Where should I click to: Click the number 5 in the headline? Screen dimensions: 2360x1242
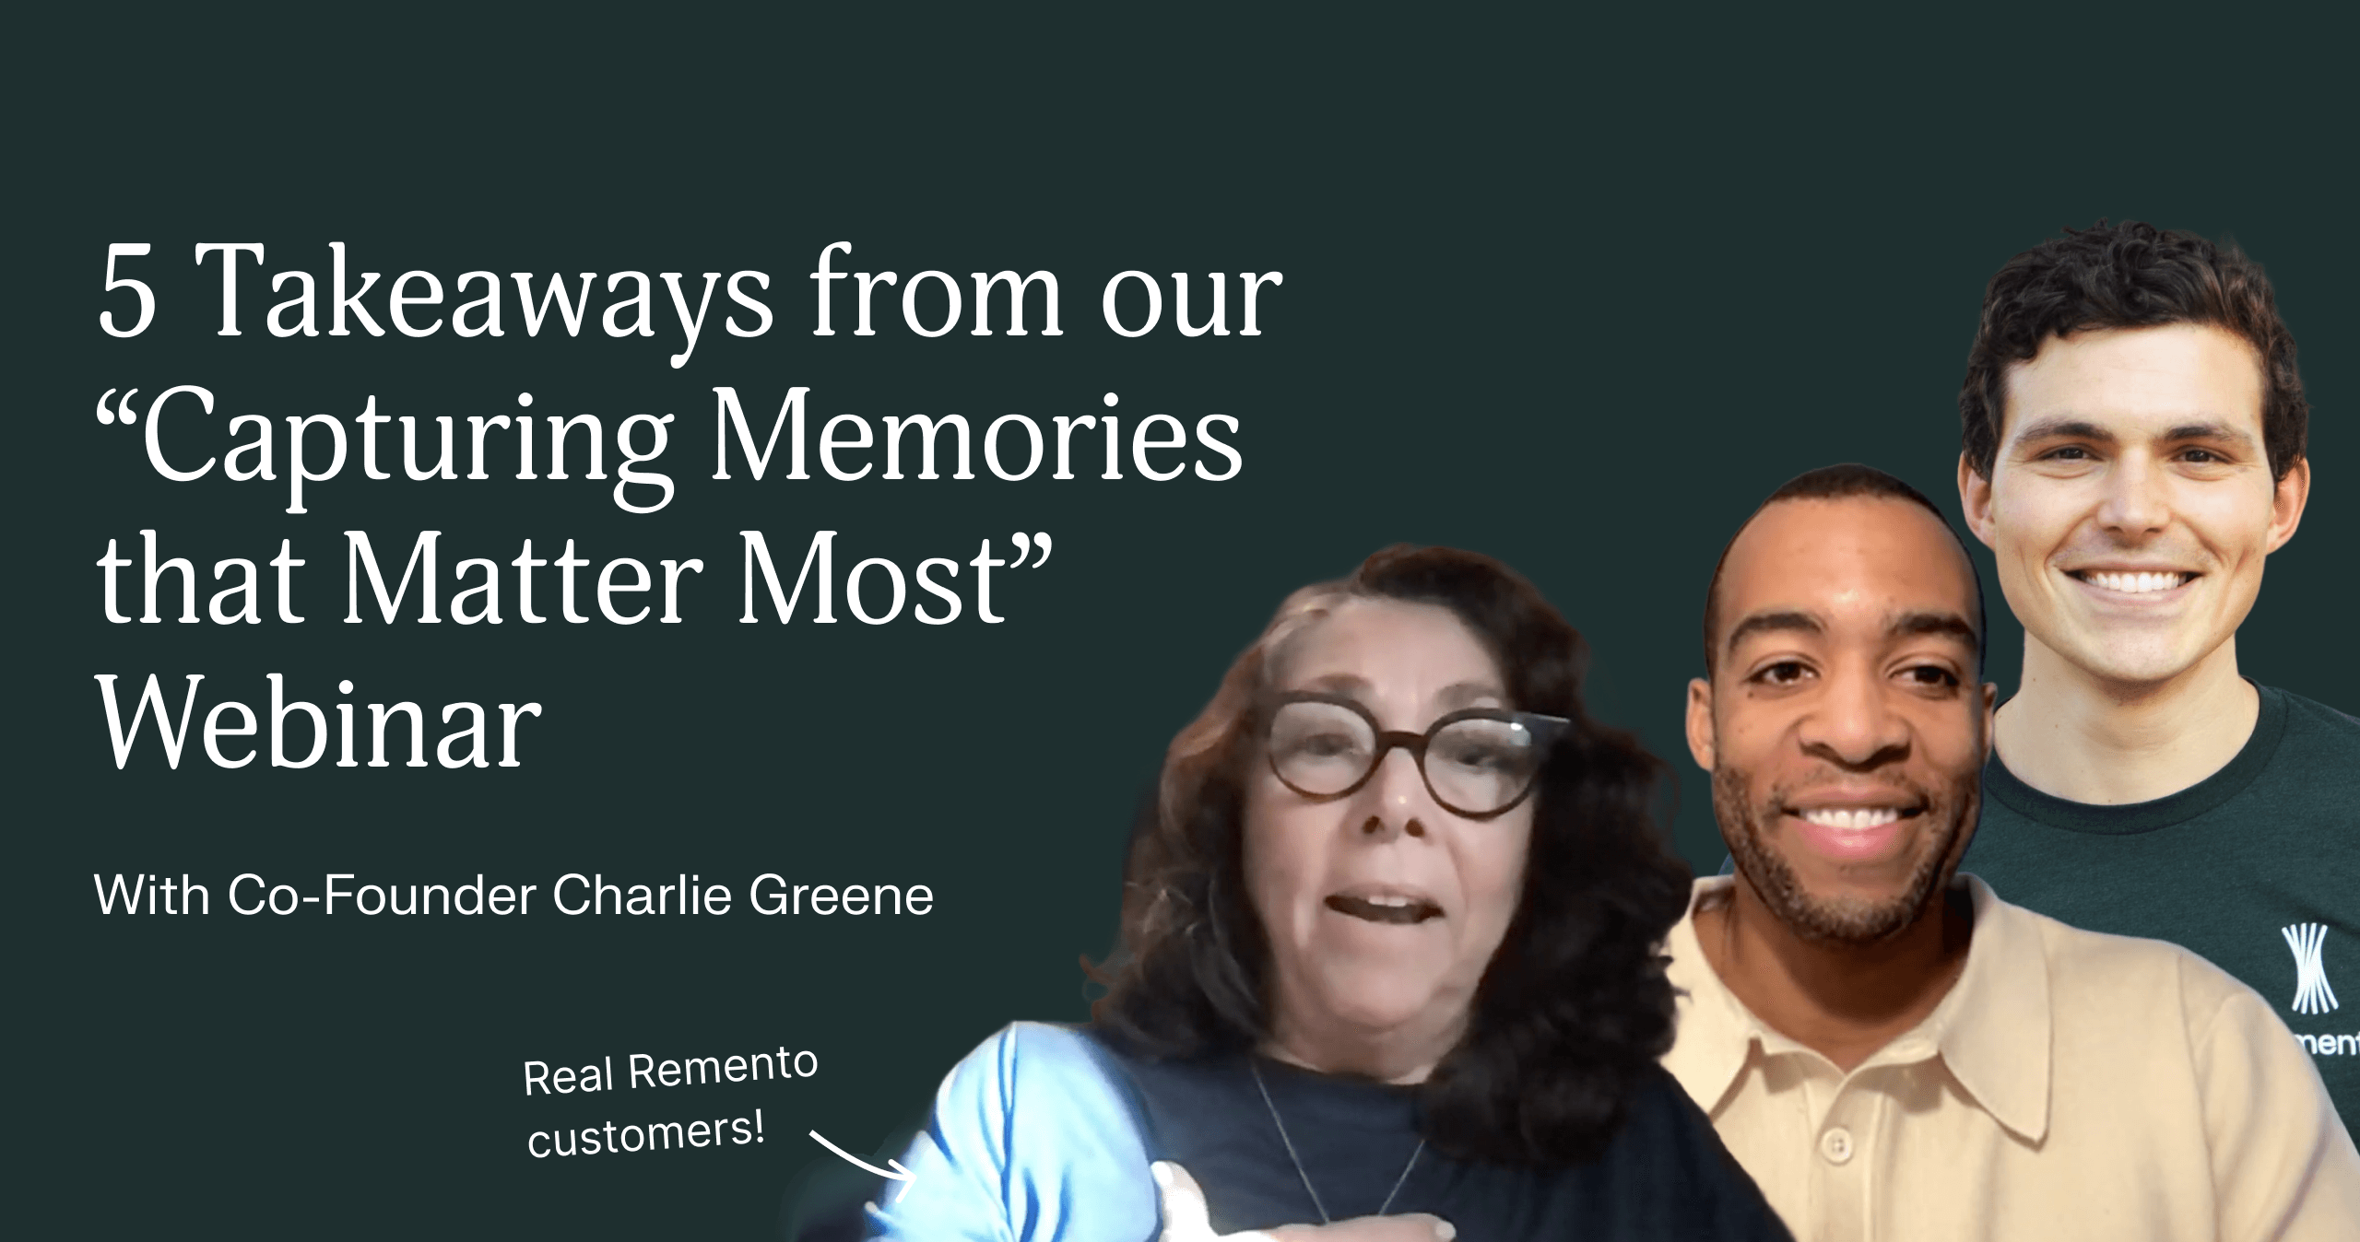point(127,291)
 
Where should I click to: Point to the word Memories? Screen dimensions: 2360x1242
point(977,435)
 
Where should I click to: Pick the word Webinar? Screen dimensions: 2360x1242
point(319,722)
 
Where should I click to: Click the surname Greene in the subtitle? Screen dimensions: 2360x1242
point(842,895)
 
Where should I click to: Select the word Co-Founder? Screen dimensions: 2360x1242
point(382,895)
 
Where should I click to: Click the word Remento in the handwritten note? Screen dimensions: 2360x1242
point(723,1069)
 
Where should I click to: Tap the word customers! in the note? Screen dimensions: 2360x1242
point(646,1134)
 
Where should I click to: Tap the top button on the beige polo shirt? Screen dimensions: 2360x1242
point(1836,1145)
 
